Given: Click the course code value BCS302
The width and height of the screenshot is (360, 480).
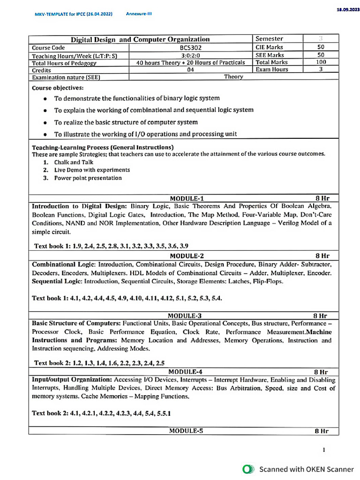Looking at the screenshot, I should [x=190, y=47].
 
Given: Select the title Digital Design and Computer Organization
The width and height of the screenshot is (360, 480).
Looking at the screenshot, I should [x=140, y=39].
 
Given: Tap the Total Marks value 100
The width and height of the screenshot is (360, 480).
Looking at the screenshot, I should [x=321, y=62].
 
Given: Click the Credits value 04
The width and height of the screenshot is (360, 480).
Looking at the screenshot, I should [x=190, y=69].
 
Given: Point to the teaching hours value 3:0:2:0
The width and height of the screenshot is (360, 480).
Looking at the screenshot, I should [x=190, y=55].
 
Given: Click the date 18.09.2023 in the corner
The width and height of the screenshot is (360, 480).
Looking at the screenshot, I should [x=347, y=9].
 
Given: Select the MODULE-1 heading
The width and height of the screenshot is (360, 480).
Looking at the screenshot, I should [x=187, y=198].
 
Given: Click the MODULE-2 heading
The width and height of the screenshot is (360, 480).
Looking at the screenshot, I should [x=187, y=256].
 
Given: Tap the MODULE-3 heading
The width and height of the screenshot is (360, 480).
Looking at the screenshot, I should [x=185, y=316].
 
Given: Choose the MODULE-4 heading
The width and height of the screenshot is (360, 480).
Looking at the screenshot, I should [x=186, y=372].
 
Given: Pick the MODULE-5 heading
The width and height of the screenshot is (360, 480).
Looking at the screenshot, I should [x=186, y=431].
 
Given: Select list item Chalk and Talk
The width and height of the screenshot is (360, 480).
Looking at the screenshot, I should [x=74, y=162].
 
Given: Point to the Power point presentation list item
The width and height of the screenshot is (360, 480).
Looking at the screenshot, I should [x=88, y=178].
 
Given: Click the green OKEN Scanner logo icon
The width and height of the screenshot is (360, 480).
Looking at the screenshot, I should [x=248, y=469].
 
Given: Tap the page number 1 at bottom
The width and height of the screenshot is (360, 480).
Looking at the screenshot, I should [x=324, y=450].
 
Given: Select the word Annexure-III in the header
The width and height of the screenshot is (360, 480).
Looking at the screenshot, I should [x=139, y=14].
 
